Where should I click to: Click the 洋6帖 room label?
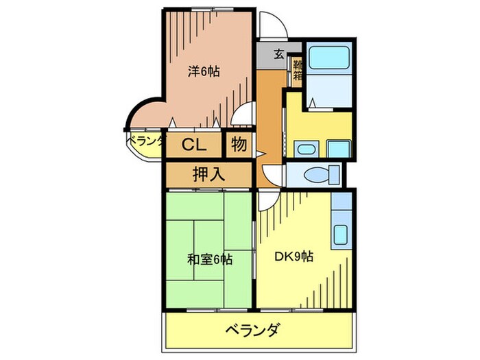pyautogui.click(x=204, y=70)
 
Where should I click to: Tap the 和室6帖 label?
pyautogui.click(x=209, y=260)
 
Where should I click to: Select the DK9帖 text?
pyautogui.click(x=294, y=257)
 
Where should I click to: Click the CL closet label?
pyautogui.click(x=194, y=145)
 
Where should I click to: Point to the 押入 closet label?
pyautogui.click(x=208, y=174)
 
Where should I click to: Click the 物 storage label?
pyautogui.click(x=239, y=145)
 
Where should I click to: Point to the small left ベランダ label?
pyautogui.click(x=145, y=141)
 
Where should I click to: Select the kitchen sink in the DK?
pyautogui.click(x=341, y=234)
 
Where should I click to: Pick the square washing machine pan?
pyautogui.click(x=338, y=148)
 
